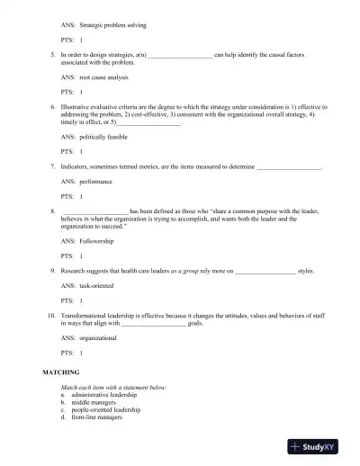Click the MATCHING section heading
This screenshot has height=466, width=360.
(x=62, y=372)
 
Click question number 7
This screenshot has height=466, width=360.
(x=53, y=167)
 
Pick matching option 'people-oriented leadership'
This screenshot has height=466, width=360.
(x=111, y=410)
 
